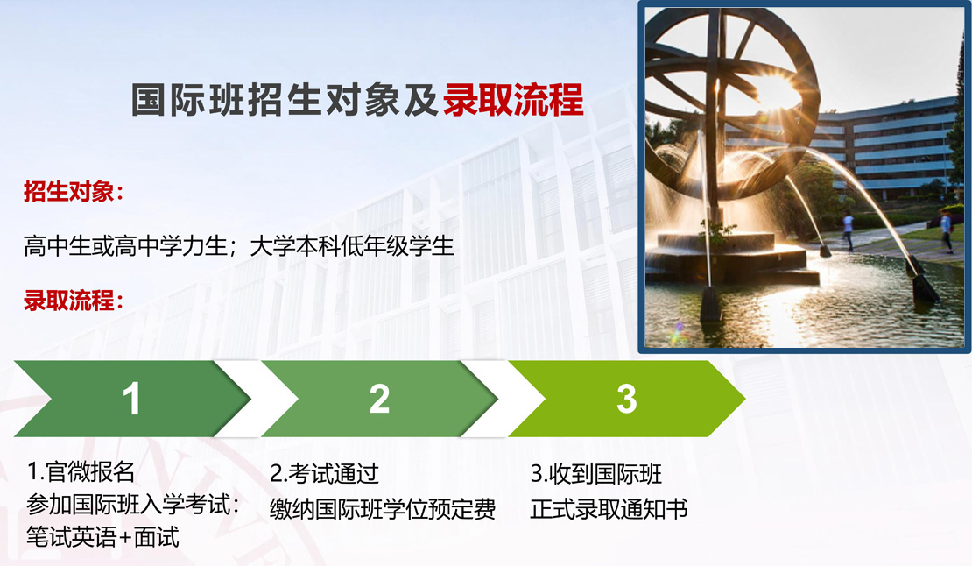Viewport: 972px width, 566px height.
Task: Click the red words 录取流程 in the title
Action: [513, 100]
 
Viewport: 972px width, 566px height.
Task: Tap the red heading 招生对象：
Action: [74, 191]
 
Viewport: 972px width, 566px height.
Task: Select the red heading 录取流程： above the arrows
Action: [74, 300]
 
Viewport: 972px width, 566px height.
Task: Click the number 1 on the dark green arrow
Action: [131, 399]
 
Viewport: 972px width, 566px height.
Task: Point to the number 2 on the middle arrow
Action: [379, 399]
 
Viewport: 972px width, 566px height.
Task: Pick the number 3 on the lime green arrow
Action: [627, 399]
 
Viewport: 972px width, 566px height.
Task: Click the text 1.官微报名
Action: [81, 471]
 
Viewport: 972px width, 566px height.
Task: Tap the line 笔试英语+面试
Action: [102, 537]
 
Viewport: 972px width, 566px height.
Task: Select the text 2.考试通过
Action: [324, 474]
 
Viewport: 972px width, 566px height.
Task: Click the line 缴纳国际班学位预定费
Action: [383, 509]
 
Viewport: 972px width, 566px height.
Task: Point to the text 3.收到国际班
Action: [596, 474]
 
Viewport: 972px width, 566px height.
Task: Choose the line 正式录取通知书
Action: [609, 509]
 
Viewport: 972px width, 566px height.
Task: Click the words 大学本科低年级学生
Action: [352, 246]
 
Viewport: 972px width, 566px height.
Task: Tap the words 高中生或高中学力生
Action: [125, 246]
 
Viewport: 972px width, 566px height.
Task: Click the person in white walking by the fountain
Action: [848, 230]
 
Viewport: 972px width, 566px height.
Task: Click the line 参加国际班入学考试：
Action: [133, 504]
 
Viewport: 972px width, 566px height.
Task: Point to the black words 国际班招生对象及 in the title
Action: [285, 100]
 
